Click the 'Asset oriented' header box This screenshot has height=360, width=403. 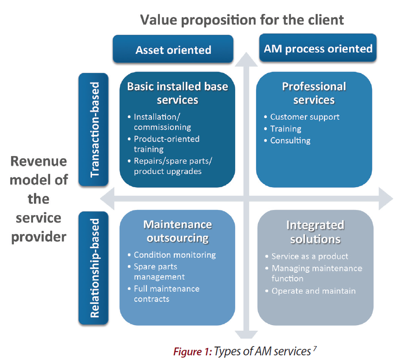pyautogui.click(x=173, y=49)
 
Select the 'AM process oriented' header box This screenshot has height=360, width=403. pyautogui.click(x=318, y=48)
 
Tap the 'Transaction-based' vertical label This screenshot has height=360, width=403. pyautogui.click(x=93, y=130)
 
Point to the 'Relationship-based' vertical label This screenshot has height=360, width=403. pyautogui.click(x=93, y=268)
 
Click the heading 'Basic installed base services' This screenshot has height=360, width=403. pyautogui.click(x=178, y=93)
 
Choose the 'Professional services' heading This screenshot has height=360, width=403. pyautogui.click(x=314, y=93)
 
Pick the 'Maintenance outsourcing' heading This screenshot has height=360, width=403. pyautogui.click(x=178, y=231)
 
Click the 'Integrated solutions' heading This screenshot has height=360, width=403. pyautogui.click(x=315, y=232)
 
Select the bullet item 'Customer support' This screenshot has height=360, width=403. pyautogui.click(x=302, y=117)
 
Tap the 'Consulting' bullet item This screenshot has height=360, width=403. pyautogui.click(x=287, y=140)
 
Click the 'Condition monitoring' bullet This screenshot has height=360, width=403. pyautogui.click(x=172, y=255)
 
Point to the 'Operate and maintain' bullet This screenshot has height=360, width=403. pyautogui.click(x=311, y=291)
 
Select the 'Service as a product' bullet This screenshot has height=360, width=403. pyautogui.click(x=307, y=256)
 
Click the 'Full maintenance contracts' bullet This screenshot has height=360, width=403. pyautogui.click(x=164, y=294)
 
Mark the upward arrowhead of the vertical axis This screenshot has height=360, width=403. pyautogui.click(x=246, y=59)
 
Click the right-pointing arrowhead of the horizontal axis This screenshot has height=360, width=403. pyautogui.click(x=386, y=198)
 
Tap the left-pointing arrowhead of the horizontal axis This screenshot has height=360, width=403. pyautogui.click(x=107, y=198)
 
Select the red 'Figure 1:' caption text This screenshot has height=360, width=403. pyautogui.click(x=192, y=352)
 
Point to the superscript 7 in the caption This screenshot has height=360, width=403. pyautogui.click(x=315, y=348)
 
